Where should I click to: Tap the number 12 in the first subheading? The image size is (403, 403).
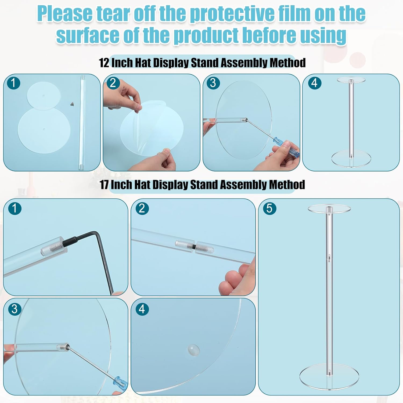[104, 63]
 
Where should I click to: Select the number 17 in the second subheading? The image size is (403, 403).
[104, 185]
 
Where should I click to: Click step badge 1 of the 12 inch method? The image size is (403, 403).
[14, 83]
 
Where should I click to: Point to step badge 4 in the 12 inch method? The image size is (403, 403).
[314, 83]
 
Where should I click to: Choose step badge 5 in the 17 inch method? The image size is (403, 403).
[269, 208]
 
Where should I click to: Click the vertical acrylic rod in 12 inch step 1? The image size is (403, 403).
[82, 122]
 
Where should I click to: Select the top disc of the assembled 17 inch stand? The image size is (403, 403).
[329, 209]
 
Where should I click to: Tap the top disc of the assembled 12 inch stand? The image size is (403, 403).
[351, 80]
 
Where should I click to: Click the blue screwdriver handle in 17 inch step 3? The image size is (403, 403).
[121, 382]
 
